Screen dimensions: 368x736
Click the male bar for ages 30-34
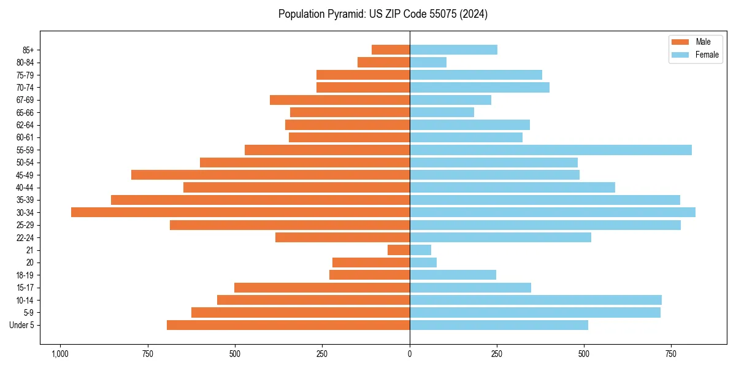tap(240, 212)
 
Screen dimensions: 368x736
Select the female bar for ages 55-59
tap(551, 150)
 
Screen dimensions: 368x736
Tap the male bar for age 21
tap(399, 250)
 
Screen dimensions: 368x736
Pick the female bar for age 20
tap(423, 263)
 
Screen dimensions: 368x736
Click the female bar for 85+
tap(453, 50)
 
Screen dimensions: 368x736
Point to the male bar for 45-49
tap(270, 175)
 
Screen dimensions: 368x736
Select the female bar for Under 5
tap(499, 325)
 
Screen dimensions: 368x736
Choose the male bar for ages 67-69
tap(340, 100)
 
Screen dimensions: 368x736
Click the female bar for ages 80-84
tap(428, 62)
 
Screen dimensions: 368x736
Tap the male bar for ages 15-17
tap(322, 288)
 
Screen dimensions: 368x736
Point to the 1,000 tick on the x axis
tap(59, 354)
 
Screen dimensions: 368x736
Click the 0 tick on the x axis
tap(410, 354)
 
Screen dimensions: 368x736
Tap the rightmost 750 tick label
tap(672, 354)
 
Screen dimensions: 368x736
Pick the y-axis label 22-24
tap(25, 237)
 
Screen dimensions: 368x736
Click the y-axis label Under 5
tap(22, 325)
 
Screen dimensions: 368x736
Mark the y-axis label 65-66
tap(25, 112)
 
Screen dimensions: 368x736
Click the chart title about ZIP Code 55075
tap(383, 13)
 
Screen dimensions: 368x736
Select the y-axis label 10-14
tap(25, 300)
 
